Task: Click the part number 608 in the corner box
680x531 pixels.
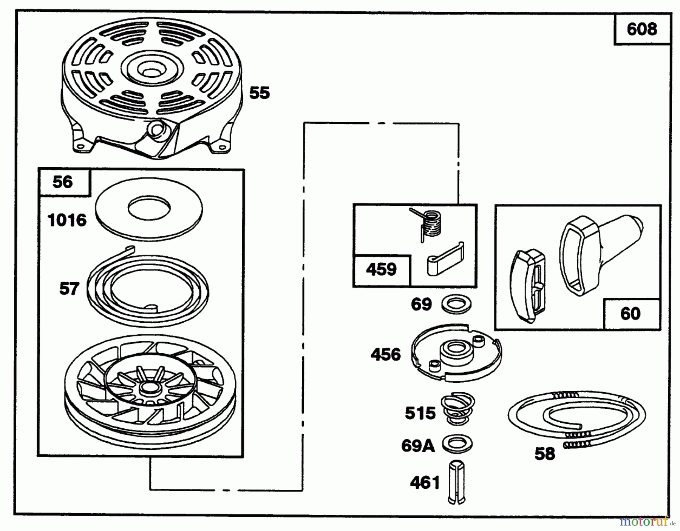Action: tap(642, 29)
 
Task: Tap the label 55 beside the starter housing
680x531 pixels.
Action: tap(260, 93)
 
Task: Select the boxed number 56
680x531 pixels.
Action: tap(63, 182)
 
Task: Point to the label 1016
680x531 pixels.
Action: tap(67, 220)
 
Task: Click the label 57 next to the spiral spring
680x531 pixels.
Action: tap(69, 289)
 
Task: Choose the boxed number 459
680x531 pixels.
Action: tap(381, 269)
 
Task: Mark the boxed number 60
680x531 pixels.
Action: tap(630, 314)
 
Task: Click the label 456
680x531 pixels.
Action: tap(386, 355)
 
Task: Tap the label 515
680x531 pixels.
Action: tap(420, 413)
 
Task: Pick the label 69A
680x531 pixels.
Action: tap(418, 446)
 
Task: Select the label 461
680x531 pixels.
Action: tap(425, 483)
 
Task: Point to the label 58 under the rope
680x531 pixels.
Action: tap(545, 454)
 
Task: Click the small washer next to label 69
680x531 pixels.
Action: tap(456, 304)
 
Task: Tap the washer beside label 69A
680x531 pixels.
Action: tap(457, 444)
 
